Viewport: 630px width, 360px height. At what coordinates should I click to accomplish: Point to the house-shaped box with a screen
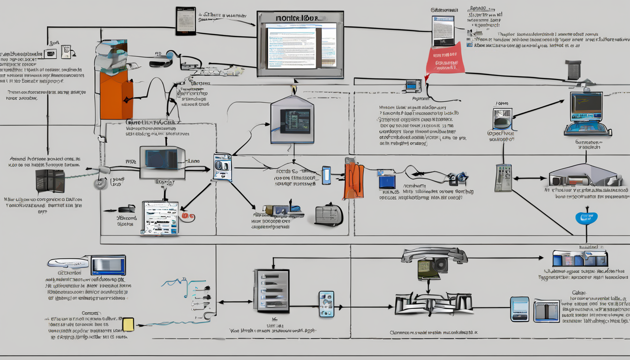pos(292,119)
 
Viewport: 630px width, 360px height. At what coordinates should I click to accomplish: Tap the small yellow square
pos(127,324)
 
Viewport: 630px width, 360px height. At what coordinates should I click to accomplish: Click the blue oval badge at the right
pos(586,218)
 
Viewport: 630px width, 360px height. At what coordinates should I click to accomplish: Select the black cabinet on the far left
pos(50,181)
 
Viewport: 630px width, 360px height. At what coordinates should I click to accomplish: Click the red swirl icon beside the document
pos(188,217)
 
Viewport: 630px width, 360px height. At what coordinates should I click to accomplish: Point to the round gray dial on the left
pos(101,183)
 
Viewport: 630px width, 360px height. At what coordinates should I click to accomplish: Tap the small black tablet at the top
pos(186,21)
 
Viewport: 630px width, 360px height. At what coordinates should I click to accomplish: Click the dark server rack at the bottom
pos(272,291)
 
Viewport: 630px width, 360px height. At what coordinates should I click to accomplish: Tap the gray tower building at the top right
pos(573,70)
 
